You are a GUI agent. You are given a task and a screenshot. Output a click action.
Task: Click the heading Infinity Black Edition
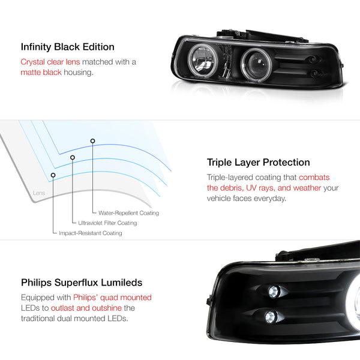pos(67,47)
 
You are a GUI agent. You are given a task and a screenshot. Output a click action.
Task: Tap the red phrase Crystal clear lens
pos(50,62)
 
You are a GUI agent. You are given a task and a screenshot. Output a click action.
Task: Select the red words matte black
pos(41,73)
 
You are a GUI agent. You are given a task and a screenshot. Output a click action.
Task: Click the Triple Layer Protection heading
pos(258,163)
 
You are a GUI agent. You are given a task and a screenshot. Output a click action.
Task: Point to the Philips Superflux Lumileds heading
pos(82,283)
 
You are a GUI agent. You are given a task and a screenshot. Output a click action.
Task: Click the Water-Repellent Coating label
pos(128,213)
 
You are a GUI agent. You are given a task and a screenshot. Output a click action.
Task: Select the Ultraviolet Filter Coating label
pos(107,223)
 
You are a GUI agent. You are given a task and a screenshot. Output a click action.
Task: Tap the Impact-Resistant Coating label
pos(91,233)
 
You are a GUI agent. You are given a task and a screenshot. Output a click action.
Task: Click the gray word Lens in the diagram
pos(39,193)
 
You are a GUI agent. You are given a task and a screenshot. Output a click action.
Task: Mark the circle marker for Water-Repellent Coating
pos(92,141)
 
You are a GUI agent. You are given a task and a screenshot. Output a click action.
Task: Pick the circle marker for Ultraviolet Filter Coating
pos(73,157)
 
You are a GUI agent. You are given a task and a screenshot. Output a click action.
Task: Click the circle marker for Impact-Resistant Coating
pos(53,175)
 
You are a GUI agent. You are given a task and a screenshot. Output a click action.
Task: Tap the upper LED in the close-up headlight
pos(274,292)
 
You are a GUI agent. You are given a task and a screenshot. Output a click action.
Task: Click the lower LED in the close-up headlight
pos(271,317)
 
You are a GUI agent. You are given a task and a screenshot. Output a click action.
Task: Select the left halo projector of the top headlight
pos(202,61)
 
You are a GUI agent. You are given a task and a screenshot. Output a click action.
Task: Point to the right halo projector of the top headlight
pos(256,64)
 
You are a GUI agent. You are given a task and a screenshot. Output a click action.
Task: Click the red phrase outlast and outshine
pos(86,308)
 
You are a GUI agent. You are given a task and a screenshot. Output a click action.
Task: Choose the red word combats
pos(314,177)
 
